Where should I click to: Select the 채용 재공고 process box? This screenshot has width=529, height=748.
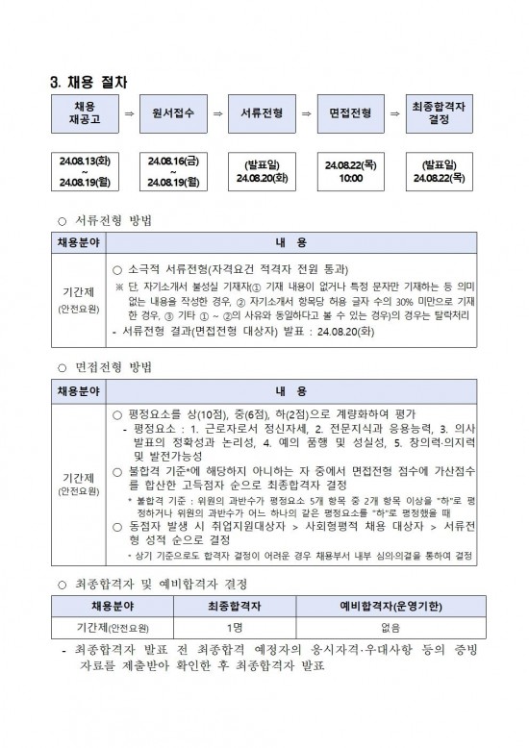point(85,112)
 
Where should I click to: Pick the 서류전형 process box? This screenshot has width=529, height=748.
point(261,112)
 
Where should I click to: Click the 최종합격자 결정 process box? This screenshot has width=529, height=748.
point(439,112)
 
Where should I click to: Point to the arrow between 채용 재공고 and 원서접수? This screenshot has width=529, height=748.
point(128,113)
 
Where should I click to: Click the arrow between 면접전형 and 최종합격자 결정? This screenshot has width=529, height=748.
point(394,113)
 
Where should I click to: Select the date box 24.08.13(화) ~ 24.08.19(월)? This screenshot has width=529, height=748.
point(85,170)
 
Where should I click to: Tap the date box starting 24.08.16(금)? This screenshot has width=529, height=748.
point(173,170)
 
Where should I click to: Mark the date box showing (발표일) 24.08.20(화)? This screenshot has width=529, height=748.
point(261,170)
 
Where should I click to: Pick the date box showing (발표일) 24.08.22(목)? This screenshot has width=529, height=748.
point(439,170)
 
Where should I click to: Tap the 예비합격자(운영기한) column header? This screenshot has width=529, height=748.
point(390,606)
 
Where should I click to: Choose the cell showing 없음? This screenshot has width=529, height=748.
point(390,627)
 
